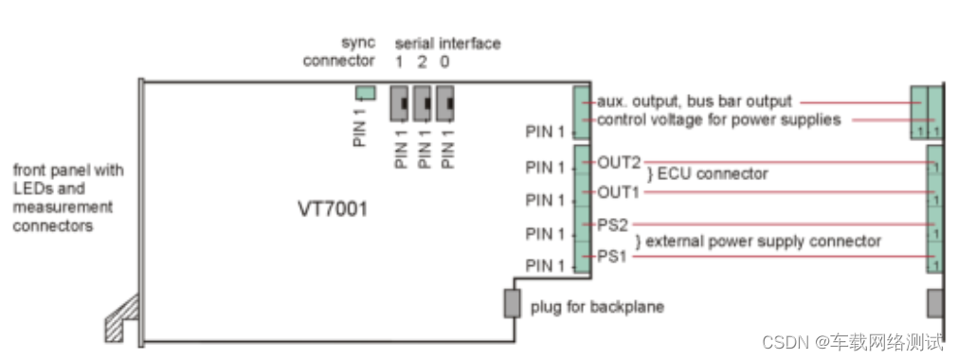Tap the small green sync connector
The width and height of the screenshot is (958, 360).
(x=365, y=93)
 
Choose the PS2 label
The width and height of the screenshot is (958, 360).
(x=613, y=225)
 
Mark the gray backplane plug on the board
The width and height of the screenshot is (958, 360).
(x=512, y=304)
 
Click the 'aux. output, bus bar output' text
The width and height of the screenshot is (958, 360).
(x=695, y=101)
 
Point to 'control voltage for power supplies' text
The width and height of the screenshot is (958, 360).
(x=718, y=119)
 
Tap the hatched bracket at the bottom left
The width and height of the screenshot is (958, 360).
(x=122, y=317)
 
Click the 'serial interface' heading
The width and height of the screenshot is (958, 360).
(x=447, y=44)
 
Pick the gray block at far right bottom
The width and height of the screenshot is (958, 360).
(x=934, y=304)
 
